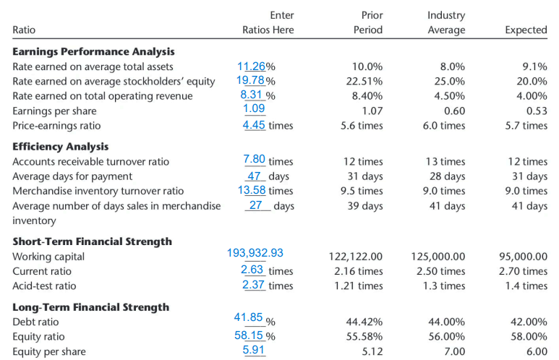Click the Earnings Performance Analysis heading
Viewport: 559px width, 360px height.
[93, 51]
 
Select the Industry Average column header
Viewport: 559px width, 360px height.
[446, 22]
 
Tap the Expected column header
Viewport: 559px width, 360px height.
[526, 30]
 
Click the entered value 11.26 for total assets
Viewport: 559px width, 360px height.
[252, 67]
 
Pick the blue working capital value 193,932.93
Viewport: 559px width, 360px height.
[255, 253]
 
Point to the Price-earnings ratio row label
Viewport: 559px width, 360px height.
[56, 125]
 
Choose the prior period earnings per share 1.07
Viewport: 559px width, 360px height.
[371, 111]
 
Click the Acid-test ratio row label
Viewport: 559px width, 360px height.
[44, 286]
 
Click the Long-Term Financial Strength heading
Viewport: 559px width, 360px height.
[91, 307]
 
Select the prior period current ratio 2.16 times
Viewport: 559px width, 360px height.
[359, 271]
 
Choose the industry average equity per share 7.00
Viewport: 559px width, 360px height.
[453, 351]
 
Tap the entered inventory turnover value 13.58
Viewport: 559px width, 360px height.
[252, 190]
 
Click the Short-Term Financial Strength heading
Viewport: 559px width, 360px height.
[93, 241]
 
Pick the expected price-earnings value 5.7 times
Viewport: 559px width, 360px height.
[526, 125]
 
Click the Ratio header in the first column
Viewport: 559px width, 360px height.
[24, 30]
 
